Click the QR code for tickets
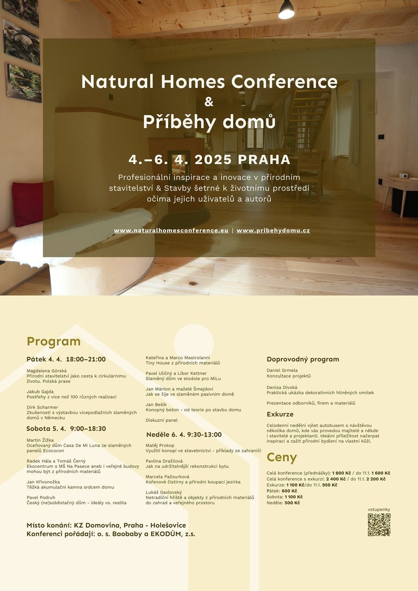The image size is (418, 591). [379, 525]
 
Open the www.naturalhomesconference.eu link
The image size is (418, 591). [171, 230]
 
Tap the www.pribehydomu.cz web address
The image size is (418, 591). [273, 230]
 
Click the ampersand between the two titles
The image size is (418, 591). [209, 102]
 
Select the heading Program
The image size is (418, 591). [54, 341]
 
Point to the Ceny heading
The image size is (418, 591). [282, 457]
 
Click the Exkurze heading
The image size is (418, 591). [280, 414]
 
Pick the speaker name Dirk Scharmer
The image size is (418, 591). [42, 407]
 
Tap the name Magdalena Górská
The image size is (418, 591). [47, 371]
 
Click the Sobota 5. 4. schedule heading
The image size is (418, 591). [66, 429]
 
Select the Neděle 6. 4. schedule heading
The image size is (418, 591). [184, 434]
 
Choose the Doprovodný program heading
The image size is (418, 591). [303, 359]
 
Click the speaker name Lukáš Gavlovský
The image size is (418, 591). [164, 492]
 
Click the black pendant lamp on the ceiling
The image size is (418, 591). [286, 10]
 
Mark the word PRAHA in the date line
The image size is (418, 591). [265, 160]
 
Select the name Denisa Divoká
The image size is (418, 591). [282, 387]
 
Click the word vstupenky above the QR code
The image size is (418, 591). [379, 509]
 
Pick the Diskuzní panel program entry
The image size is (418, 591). [162, 420]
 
